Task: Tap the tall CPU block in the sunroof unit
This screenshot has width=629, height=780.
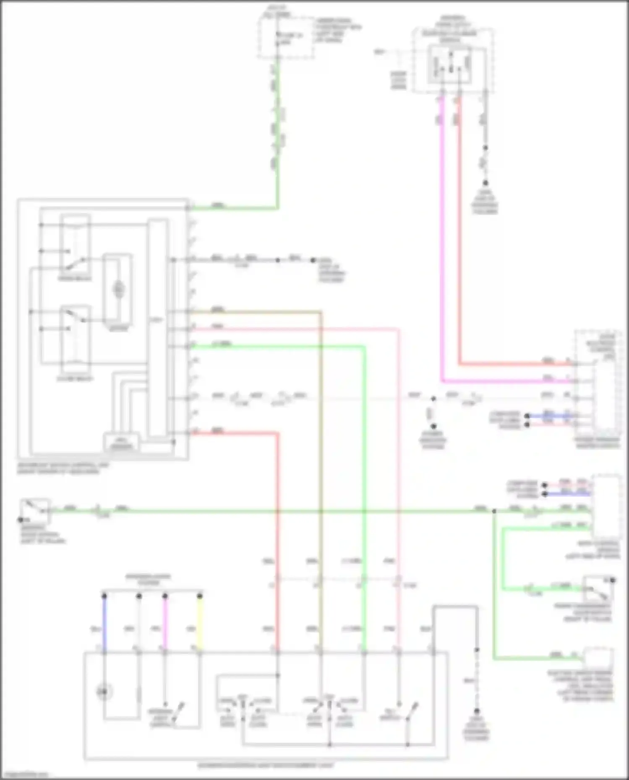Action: point(157,327)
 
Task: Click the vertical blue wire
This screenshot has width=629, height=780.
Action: point(104,625)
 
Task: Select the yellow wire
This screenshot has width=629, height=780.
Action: point(200,625)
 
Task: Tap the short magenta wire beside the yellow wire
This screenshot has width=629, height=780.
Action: point(165,625)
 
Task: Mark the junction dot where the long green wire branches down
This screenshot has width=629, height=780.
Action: point(494,511)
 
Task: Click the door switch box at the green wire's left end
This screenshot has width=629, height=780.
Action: point(35,510)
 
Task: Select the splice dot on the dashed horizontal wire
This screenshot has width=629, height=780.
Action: point(433,399)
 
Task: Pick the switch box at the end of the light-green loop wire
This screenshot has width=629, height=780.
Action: point(598,588)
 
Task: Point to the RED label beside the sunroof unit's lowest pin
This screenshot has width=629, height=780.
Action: point(218,430)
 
